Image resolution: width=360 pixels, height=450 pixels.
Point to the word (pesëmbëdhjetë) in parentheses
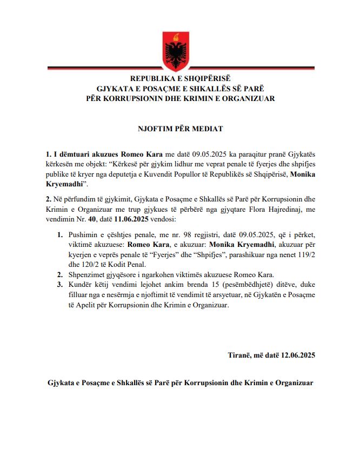(226, 286)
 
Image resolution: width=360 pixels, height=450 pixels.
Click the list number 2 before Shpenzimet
(59, 274)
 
